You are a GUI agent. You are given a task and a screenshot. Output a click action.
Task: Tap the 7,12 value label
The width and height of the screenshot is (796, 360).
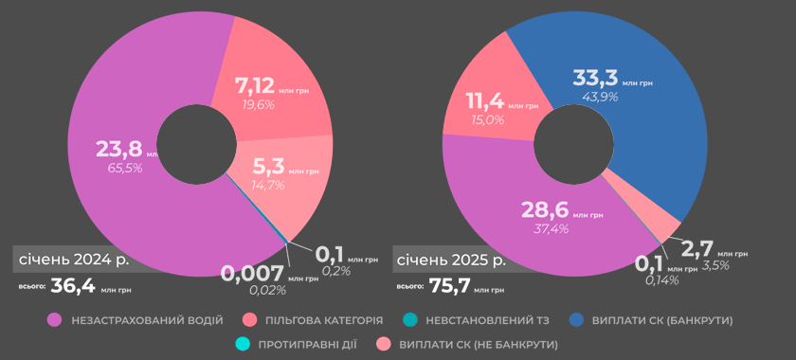point(255,85)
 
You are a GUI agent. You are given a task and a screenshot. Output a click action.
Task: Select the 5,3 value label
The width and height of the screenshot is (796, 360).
point(268,166)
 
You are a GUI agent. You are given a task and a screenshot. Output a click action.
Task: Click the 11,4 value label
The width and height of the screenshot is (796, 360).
point(485,101)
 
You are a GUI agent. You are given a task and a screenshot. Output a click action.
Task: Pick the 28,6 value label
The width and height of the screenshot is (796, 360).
point(545,209)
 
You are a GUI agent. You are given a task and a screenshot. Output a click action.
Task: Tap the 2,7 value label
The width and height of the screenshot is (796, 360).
point(697,249)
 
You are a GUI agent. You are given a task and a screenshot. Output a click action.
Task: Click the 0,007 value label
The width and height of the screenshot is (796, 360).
point(252,274)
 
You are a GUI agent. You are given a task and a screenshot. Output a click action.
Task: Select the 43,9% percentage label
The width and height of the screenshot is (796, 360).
point(595,97)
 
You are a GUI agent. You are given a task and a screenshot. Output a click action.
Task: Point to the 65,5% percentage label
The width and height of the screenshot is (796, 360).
point(125,168)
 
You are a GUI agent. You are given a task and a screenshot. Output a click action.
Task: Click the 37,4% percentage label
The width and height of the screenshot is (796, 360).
point(551,228)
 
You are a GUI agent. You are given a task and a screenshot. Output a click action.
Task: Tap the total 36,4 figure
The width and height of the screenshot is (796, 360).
point(73,286)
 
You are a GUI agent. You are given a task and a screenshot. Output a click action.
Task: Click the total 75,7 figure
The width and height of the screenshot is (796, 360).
point(449,286)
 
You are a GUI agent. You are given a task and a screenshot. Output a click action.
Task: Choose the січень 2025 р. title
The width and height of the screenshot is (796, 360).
point(451,261)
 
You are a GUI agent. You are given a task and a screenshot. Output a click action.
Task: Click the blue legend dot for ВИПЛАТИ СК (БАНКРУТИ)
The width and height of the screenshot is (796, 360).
point(576,320)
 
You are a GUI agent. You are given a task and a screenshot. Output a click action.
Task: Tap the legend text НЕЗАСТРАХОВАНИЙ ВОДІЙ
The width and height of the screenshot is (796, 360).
point(147,321)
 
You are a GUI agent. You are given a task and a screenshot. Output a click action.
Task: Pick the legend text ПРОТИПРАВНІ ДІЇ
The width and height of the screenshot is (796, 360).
point(308,345)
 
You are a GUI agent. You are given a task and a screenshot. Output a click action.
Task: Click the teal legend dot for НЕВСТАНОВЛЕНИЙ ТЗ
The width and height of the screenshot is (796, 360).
point(410,320)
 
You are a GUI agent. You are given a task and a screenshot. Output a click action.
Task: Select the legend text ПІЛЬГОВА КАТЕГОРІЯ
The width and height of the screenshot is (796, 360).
point(324,321)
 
